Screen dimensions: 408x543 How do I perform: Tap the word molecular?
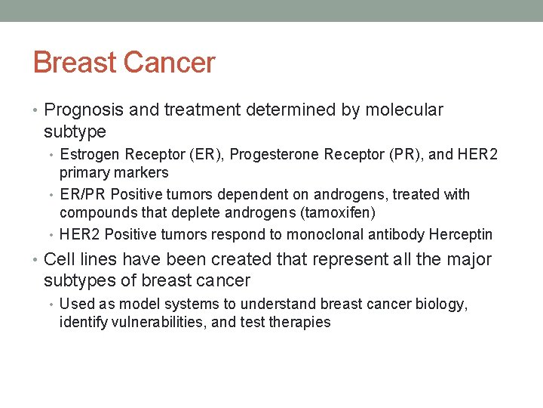(404, 110)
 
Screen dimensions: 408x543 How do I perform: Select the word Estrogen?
(90, 155)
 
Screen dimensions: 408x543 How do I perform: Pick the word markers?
(144, 173)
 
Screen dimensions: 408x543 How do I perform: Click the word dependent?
(246, 194)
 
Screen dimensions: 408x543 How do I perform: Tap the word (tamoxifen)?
(338, 213)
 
